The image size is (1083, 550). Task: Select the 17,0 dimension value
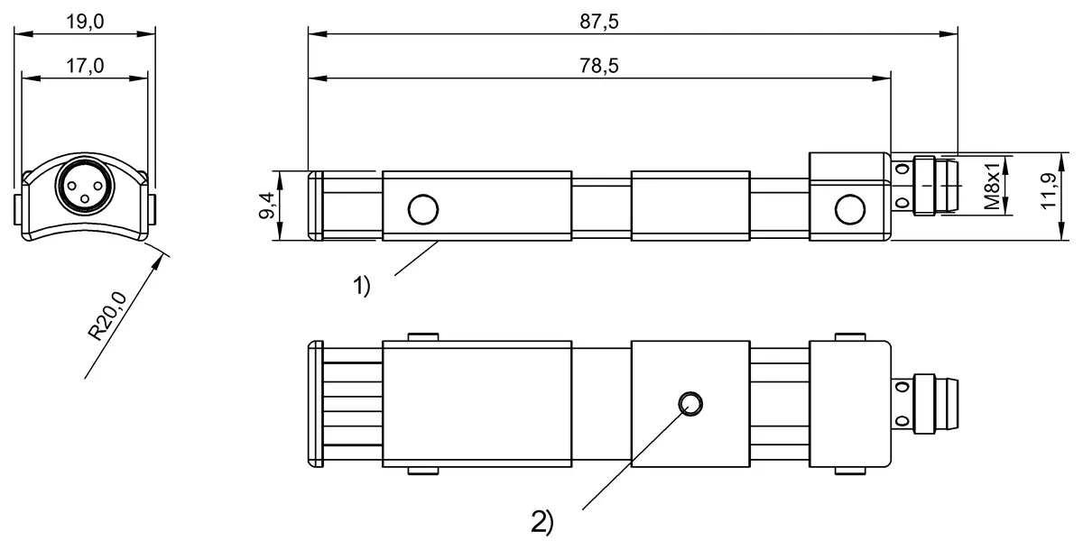pos(86,66)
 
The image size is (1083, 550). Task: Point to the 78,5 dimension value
pos(599,66)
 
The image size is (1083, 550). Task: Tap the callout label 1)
pos(361,288)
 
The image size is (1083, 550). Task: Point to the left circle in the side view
pos(422,209)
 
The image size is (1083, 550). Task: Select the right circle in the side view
pos(849,209)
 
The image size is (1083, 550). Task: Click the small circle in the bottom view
pos(690,404)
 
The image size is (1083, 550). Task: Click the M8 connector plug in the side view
pos(935,187)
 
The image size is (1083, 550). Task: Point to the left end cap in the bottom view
pos(316,404)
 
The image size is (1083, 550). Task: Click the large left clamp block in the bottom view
pos(477,404)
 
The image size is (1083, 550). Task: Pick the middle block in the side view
pos(690,206)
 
